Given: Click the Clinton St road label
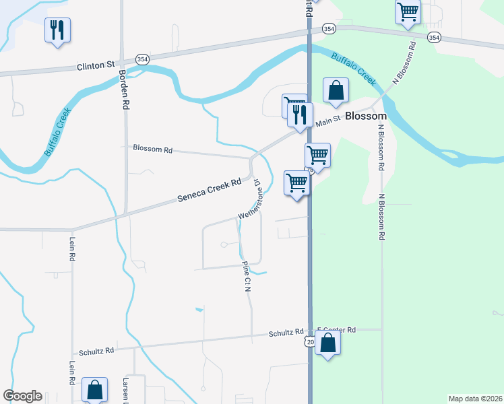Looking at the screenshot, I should (x=96, y=66).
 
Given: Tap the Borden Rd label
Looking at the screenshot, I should (x=123, y=90).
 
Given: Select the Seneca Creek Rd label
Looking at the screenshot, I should (x=209, y=191).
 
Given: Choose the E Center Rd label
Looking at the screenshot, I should (x=336, y=330).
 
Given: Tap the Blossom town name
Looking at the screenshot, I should (x=366, y=116).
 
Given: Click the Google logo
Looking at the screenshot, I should (x=22, y=396).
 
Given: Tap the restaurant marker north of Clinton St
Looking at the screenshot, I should (x=57, y=30).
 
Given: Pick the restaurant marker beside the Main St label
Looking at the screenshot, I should (x=301, y=114).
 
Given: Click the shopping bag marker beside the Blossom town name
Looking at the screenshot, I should (x=336, y=90).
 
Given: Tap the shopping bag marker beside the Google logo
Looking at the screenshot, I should (x=94, y=390).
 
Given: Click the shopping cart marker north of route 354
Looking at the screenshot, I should (x=408, y=11).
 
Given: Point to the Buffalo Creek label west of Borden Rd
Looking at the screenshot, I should (x=59, y=133).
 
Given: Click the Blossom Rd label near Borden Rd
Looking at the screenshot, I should (x=152, y=148).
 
